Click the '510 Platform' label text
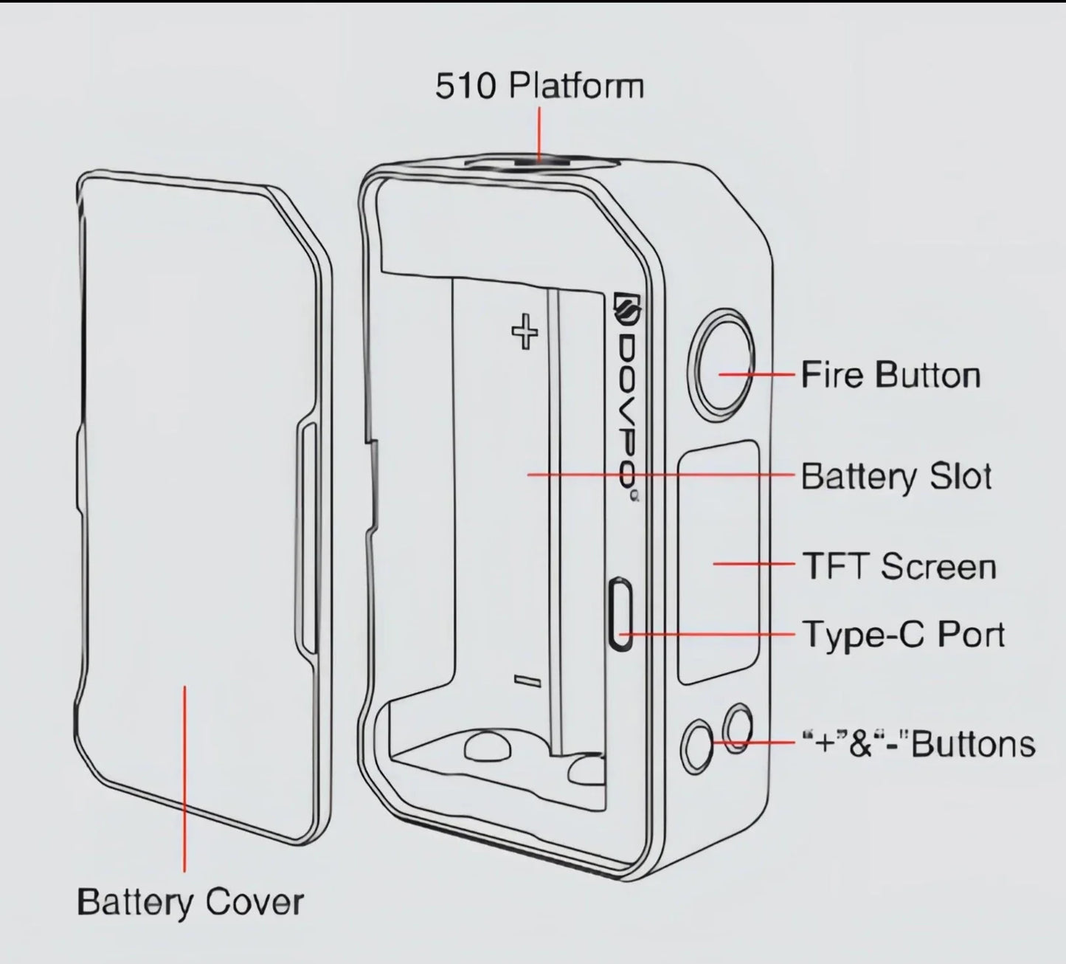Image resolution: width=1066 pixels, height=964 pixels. tap(539, 86)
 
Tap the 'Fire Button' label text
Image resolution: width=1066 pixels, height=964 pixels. tap(890, 375)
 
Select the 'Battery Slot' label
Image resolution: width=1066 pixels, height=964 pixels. tap(896, 476)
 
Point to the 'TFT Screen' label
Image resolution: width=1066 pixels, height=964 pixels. tap(899, 566)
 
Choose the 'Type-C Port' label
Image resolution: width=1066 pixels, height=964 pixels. tap(904, 634)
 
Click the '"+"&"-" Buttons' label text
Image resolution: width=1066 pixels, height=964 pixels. tap(918, 743)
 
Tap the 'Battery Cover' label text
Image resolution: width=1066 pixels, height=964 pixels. tap(190, 902)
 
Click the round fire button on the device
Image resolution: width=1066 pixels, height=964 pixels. tap(721, 362)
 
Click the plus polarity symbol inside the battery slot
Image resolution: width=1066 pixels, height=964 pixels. tap(525, 332)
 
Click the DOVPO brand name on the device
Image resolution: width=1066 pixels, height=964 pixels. tap(627, 413)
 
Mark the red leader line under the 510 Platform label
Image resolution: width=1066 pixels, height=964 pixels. tap(539, 133)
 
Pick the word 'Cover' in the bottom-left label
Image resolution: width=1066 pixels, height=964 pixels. tap(255, 902)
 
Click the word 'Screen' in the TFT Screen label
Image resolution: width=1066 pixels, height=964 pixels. tap(938, 566)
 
